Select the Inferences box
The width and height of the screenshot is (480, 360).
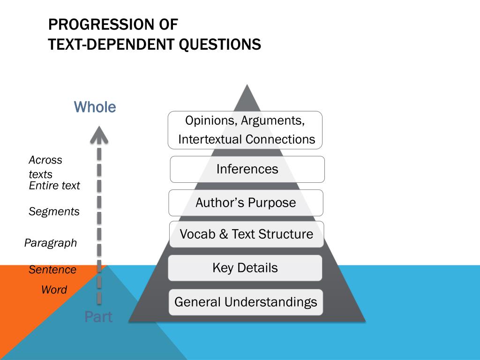click(x=247, y=169)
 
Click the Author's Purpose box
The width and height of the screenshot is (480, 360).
click(x=246, y=203)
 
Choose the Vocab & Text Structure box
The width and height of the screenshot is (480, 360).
click(x=246, y=234)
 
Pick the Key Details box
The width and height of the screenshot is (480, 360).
click(x=245, y=268)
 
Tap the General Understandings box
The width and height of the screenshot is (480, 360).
click(x=246, y=302)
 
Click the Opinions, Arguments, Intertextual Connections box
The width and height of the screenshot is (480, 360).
click(x=245, y=130)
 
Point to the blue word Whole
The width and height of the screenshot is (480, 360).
click(x=95, y=107)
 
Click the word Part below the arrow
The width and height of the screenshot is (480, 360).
click(x=98, y=317)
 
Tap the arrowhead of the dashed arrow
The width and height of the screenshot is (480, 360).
click(x=99, y=134)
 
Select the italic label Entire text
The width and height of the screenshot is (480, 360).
click(x=54, y=186)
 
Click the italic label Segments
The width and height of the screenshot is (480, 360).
click(x=54, y=211)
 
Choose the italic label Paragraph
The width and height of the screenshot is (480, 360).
click(x=50, y=243)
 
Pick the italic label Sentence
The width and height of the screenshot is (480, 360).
click(x=52, y=270)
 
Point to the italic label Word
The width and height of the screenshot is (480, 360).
click(x=54, y=290)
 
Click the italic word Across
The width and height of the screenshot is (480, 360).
click(x=45, y=160)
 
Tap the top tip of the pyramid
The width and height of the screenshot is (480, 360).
click(x=246, y=86)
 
